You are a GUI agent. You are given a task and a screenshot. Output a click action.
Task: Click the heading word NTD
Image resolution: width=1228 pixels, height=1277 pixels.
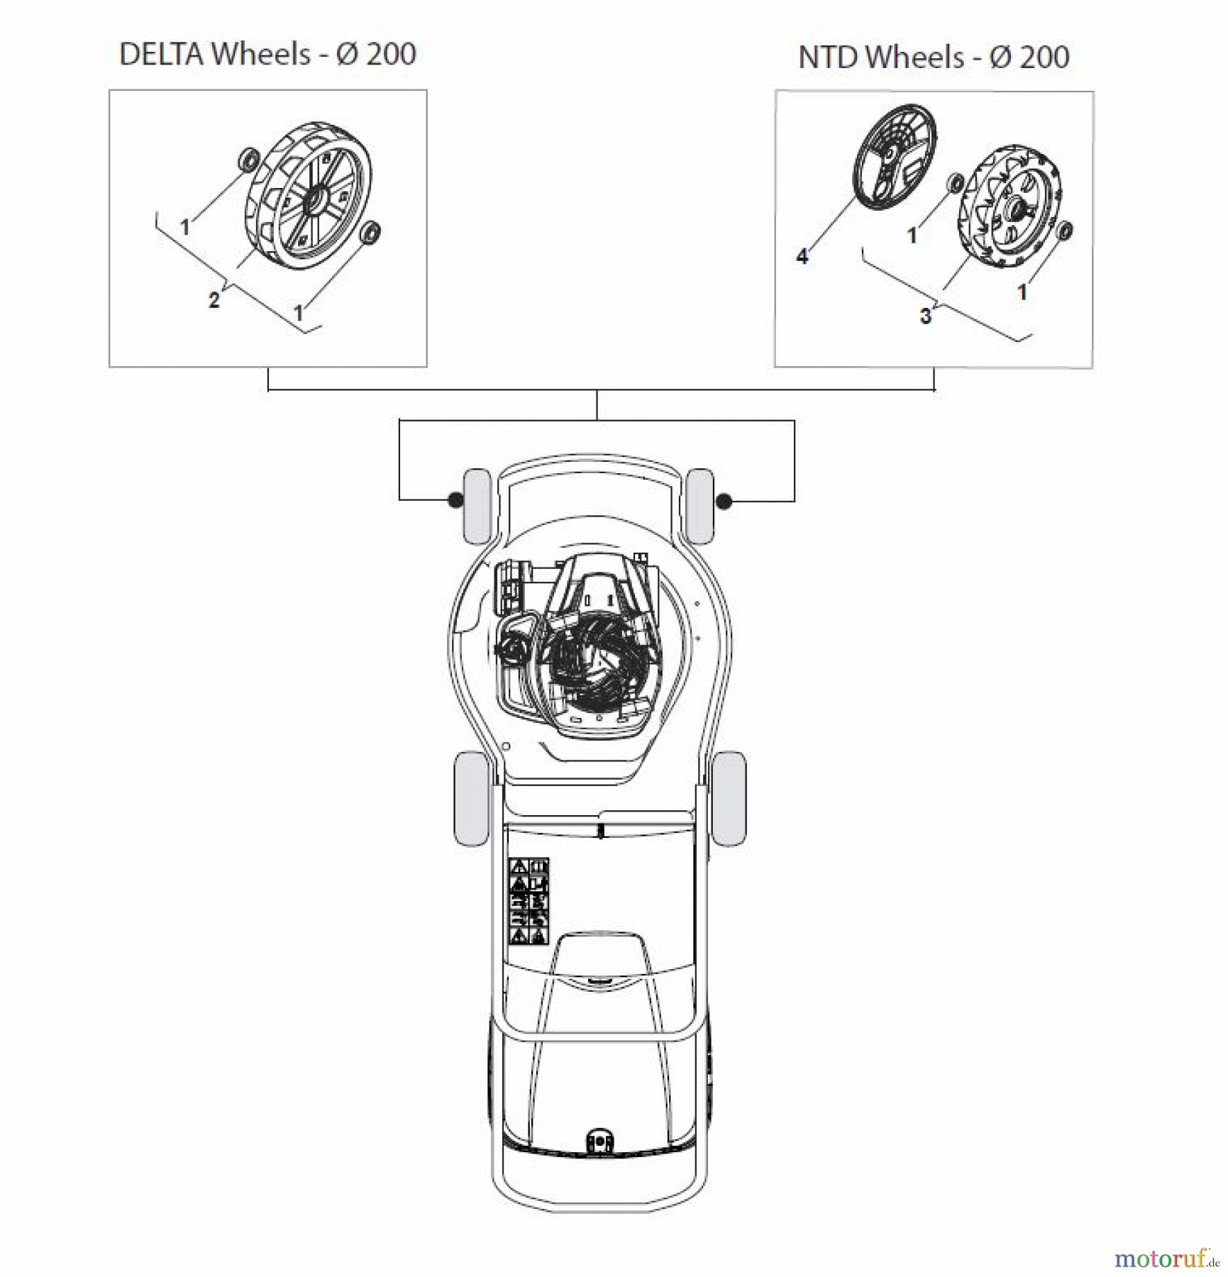[828, 57]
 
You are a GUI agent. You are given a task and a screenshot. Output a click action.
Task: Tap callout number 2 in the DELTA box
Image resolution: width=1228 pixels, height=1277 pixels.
[214, 300]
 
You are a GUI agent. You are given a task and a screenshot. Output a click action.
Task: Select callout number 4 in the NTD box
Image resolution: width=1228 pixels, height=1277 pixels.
[802, 256]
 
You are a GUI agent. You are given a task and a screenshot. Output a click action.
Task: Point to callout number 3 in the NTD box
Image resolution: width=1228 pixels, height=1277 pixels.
[925, 316]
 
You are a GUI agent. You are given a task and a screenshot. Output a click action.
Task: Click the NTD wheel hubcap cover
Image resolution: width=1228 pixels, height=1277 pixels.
[894, 160]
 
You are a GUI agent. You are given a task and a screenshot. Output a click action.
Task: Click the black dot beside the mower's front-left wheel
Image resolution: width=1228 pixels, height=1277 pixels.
[455, 501]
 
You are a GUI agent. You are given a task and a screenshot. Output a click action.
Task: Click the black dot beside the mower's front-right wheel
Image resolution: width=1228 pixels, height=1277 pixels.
[723, 502]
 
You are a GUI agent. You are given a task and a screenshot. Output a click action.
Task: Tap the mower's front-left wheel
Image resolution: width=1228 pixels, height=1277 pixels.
[476, 505]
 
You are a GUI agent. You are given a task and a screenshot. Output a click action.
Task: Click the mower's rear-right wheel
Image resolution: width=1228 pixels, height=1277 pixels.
[729, 798]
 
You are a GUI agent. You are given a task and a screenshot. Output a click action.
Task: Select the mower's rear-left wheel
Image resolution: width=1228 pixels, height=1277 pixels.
[470, 798]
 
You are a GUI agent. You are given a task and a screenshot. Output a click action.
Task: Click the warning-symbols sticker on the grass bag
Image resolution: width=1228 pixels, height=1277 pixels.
[529, 901]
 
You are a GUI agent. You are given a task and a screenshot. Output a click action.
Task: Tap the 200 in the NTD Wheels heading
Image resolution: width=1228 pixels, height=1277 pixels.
[1044, 57]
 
